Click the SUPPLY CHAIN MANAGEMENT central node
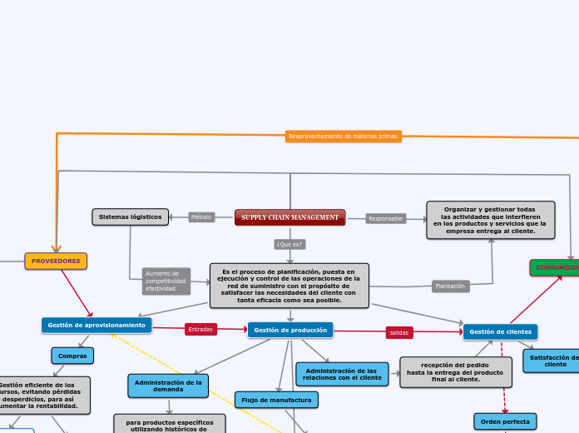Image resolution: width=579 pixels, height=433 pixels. pos(289,217)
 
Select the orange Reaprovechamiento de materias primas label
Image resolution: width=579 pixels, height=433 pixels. pos(343,136)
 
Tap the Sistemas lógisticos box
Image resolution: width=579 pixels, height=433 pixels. pos(130,216)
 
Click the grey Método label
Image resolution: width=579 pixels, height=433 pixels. pos(201,217)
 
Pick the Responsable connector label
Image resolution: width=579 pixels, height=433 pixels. pos(385,218)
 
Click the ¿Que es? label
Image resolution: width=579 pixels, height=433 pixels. pos(289,244)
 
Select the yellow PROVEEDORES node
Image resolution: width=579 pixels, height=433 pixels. pos(56,261)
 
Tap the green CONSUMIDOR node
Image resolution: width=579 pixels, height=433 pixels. pos(556,267)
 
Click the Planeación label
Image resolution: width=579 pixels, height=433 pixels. pos(450,286)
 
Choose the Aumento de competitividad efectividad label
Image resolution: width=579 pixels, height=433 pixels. pos(166,281)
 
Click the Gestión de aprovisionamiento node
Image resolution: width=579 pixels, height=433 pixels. pos(96,325)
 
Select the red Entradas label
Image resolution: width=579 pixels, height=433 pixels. pos(200,329)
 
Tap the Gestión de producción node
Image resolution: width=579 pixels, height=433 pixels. pos(290,330)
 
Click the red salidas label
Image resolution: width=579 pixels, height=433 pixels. pos(399,332)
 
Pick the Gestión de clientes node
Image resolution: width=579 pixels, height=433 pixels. pos(500,331)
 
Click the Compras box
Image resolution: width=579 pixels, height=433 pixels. pos(72,356)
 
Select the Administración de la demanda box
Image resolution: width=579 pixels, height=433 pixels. pos(168,386)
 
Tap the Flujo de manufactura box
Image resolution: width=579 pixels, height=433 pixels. pos(276,400)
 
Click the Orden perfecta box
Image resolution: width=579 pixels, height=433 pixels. pos(505,421)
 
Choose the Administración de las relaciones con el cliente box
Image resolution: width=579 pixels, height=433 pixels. pos(342,374)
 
